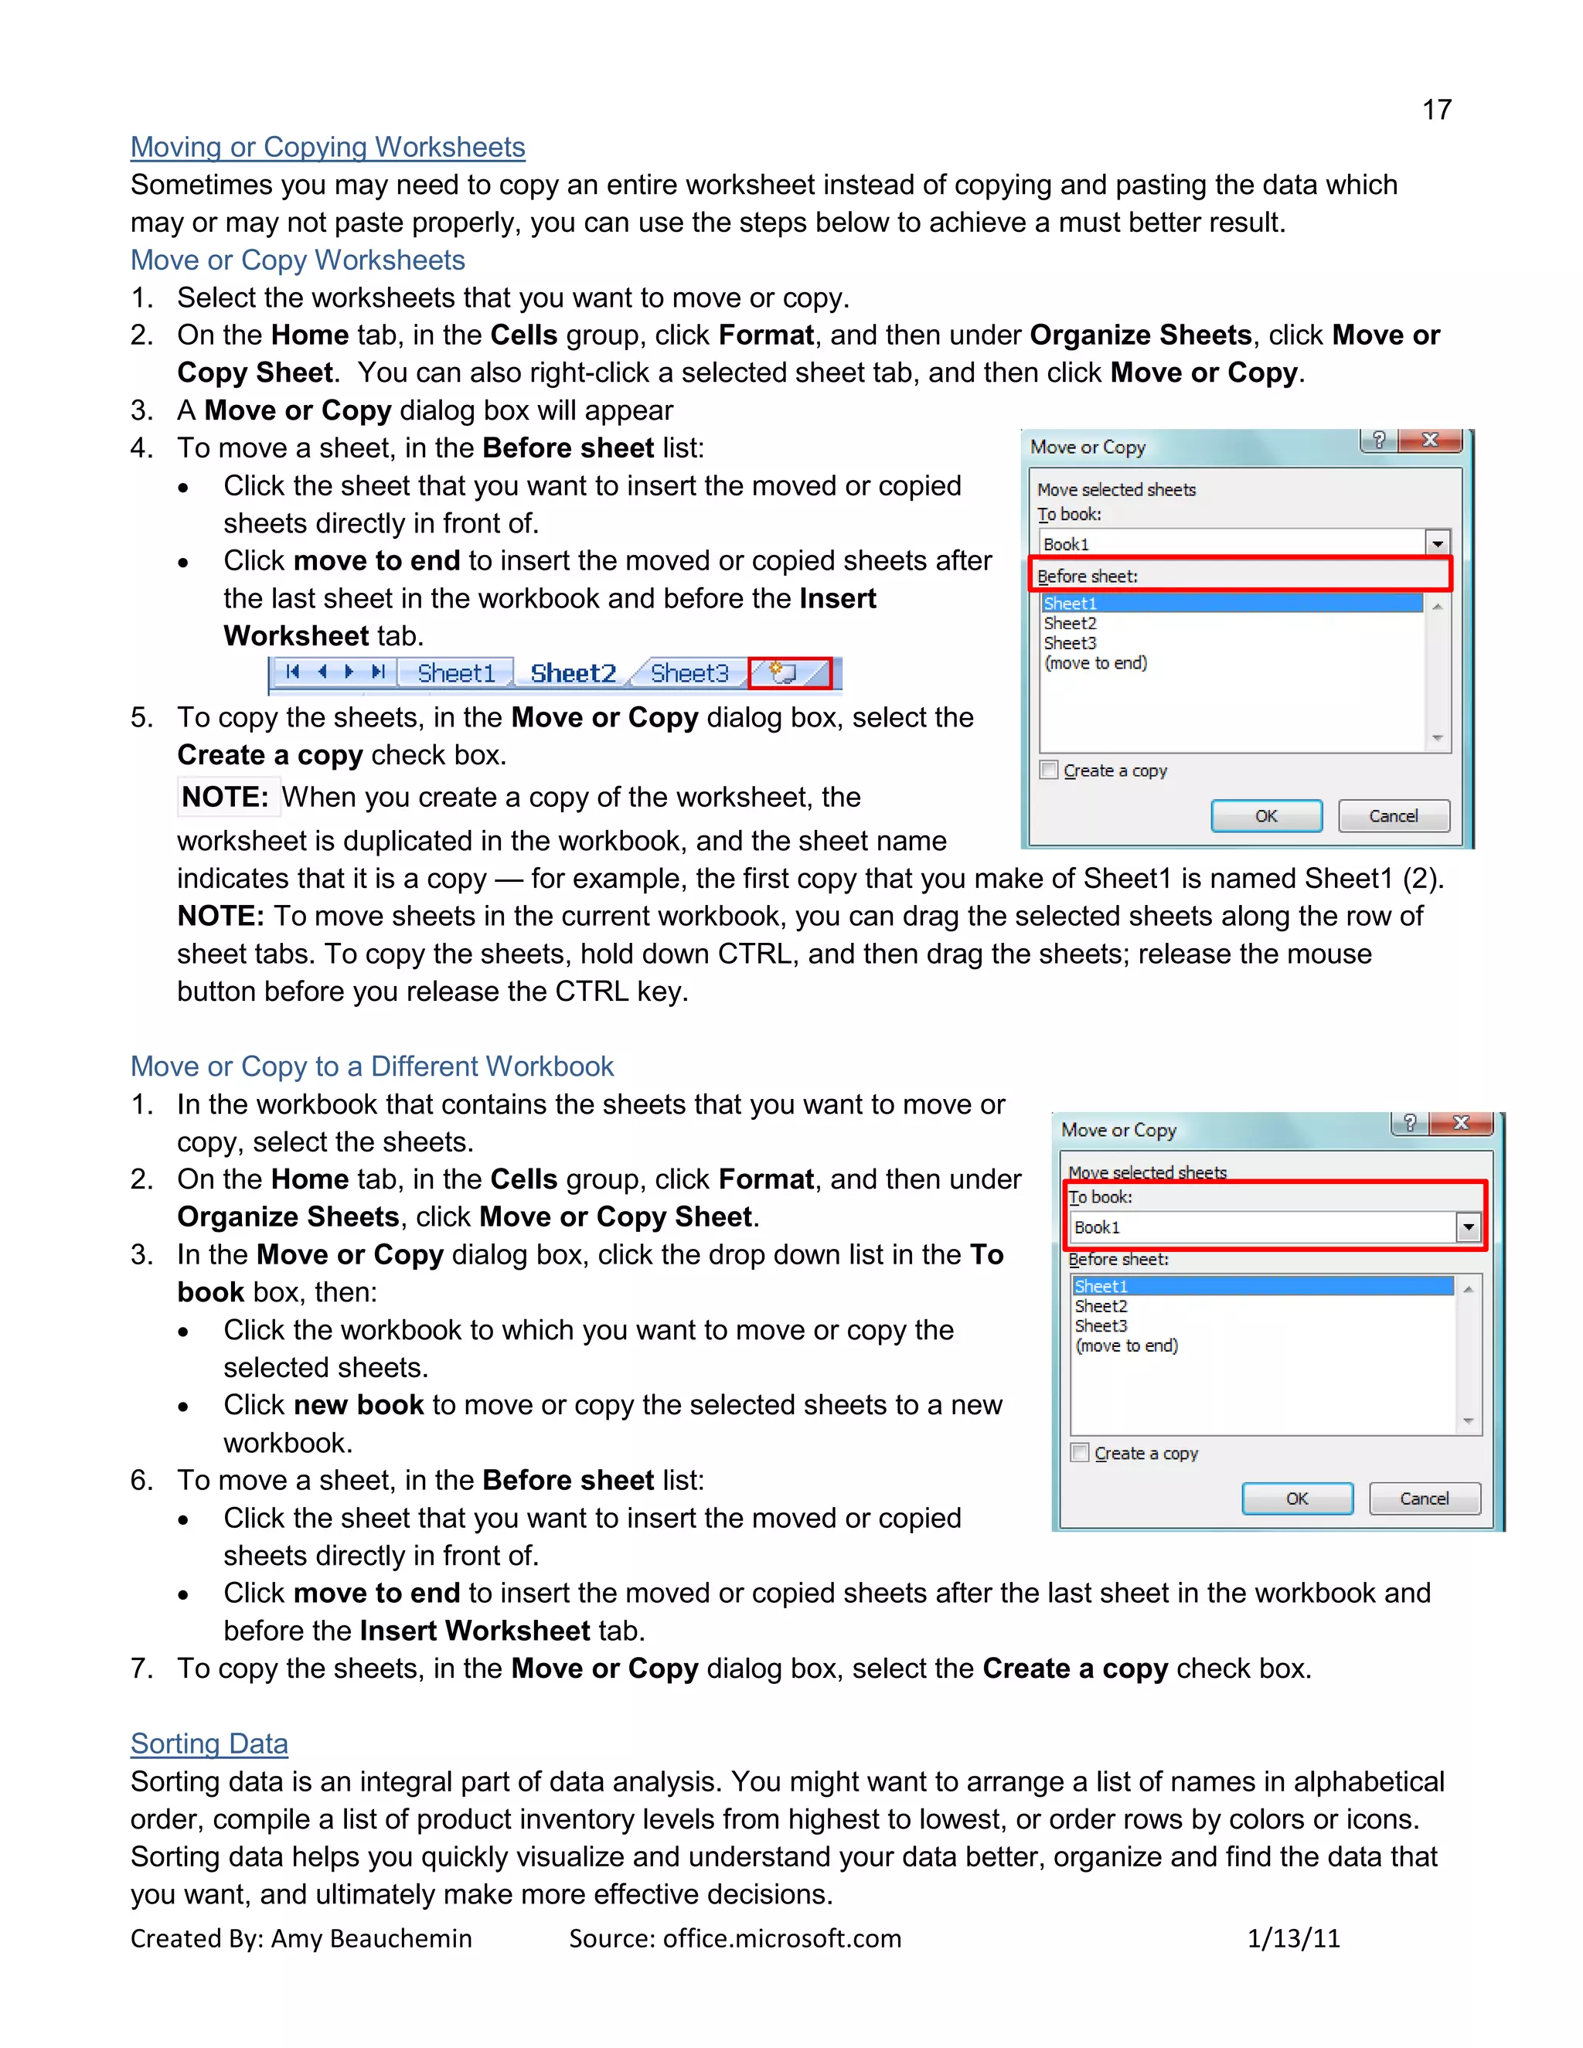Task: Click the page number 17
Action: coord(1436,110)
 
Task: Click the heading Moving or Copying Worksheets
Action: coord(327,147)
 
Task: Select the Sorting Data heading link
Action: coord(209,1744)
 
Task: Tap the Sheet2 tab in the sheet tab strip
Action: coord(572,673)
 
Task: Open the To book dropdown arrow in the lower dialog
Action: coord(1468,1226)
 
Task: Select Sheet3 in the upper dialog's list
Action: coord(1070,643)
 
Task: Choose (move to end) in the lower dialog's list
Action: coord(1126,1345)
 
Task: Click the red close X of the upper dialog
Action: coord(1430,440)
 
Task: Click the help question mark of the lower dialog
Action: coord(1410,1122)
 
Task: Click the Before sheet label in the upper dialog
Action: coord(1088,576)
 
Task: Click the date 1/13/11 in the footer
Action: coord(1293,1938)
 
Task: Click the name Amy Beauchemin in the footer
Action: coord(371,1938)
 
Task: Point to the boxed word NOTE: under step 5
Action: coord(225,797)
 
